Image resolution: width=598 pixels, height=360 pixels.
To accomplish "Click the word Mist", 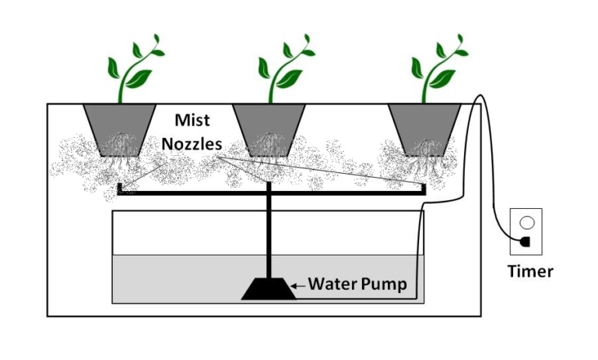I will pos(192,122).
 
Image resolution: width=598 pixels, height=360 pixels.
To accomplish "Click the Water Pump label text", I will pos(357,284).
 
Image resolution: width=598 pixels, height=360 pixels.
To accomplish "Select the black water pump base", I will pos(269,290).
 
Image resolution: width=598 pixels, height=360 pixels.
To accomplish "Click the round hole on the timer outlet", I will pos(527,221).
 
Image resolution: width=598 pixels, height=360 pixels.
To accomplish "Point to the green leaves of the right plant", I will pos(440,65).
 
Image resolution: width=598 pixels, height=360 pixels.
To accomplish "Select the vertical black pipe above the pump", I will pos(269,234).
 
